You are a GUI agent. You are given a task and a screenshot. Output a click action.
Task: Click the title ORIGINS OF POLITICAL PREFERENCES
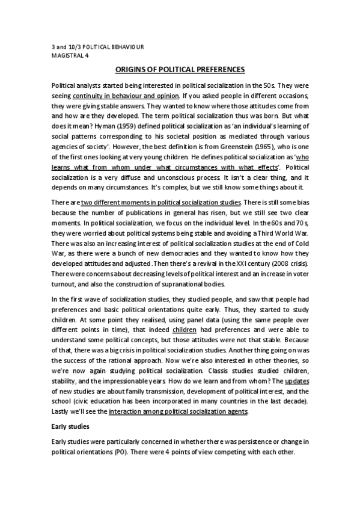point(180,69)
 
